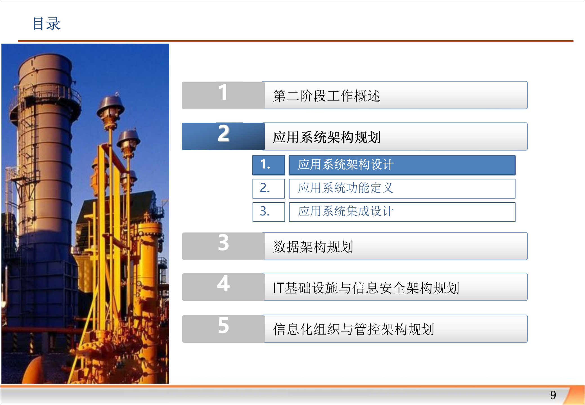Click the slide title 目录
(x=46, y=24)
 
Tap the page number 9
(x=553, y=395)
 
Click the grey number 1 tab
(x=223, y=95)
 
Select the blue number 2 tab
(x=223, y=136)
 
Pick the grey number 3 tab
(x=223, y=246)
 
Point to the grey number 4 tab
(x=223, y=287)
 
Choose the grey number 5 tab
(x=223, y=328)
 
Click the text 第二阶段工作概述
(x=326, y=96)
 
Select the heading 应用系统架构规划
(x=326, y=137)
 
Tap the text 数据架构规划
(x=313, y=247)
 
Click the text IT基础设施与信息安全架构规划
(x=366, y=288)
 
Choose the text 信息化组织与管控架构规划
(x=354, y=329)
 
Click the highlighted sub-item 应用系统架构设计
(x=345, y=165)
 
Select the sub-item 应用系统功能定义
(x=345, y=188)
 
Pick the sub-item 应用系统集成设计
(x=345, y=211)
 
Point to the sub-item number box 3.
(x=269, y=212)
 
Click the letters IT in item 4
(x=278, y=288)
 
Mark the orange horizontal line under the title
(x=295, y=41)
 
